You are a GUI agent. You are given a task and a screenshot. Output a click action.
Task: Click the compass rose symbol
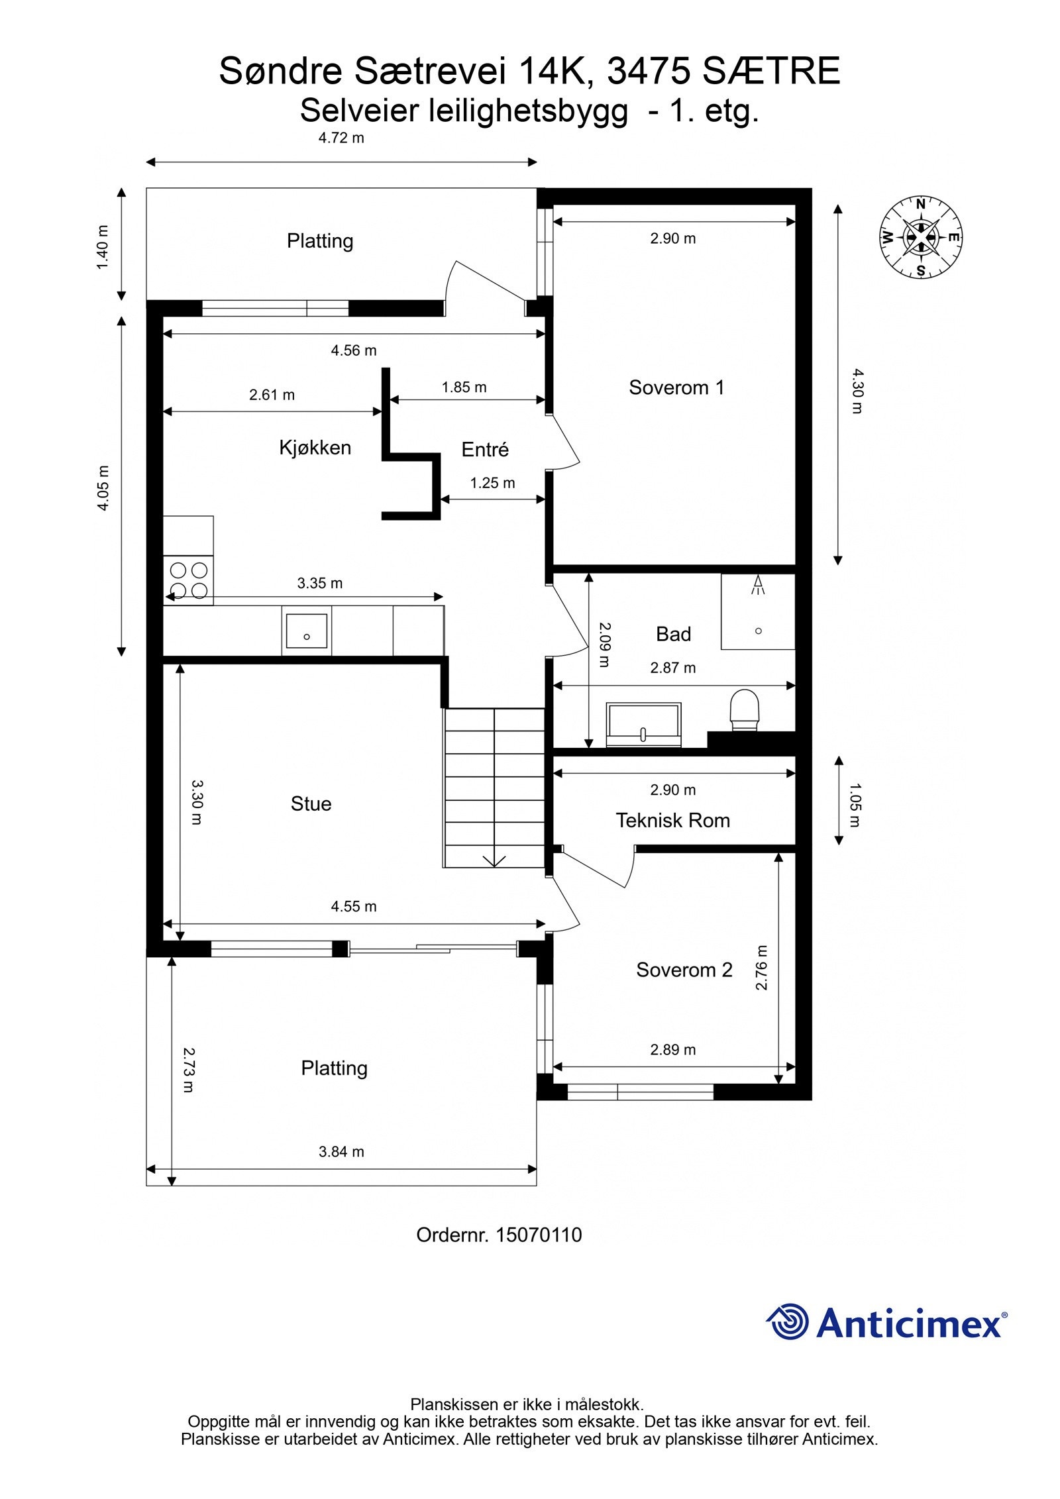(920, 236)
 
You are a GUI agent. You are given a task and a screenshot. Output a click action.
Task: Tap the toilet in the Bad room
(744, 711)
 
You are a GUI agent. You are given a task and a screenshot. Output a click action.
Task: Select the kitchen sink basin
(306, 631)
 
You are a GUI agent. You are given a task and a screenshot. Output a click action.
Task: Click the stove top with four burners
(189, 580)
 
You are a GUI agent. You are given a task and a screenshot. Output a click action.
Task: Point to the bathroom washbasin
(644, 725)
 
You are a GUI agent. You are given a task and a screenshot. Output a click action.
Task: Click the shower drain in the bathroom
(759, 631)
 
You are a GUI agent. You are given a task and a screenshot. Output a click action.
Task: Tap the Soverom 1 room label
(676, 388)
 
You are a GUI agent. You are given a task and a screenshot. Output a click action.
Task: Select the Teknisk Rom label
(672, 821)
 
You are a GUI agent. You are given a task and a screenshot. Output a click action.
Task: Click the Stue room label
(311, 803)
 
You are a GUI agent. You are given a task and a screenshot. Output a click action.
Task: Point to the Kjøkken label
(315, 448)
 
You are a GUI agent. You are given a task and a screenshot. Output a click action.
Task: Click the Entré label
(485, 449)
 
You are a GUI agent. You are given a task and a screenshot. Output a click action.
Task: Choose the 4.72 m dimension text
(341, 138)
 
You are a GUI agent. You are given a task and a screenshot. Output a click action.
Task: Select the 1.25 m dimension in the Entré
(492, 483)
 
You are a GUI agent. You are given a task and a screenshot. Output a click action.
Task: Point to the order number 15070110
(539, 1235)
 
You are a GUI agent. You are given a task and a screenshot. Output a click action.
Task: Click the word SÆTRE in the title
(771, 71)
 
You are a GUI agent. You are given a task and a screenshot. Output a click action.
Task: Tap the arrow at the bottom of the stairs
(494, 861)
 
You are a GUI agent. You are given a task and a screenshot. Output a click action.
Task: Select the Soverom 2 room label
(684, 970)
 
